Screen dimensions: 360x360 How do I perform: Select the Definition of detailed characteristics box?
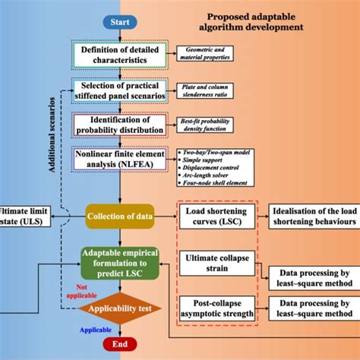[119, 55]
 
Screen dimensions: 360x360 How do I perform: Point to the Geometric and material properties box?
[205, 52]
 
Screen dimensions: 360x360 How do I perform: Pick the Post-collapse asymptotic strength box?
[216, 309]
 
